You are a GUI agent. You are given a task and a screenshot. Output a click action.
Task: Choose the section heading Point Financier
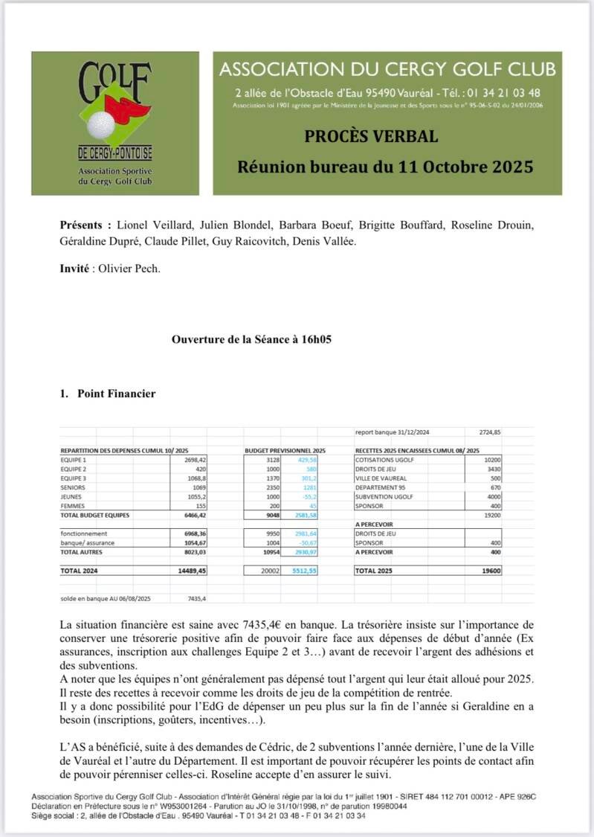[x=116, y=394]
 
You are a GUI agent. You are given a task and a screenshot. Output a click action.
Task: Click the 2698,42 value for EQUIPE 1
[x=193, y=461]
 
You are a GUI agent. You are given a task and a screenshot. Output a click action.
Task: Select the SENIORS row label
[x=73, y=487]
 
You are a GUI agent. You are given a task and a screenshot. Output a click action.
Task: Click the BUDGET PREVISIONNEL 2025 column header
[x=285, y=451]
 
